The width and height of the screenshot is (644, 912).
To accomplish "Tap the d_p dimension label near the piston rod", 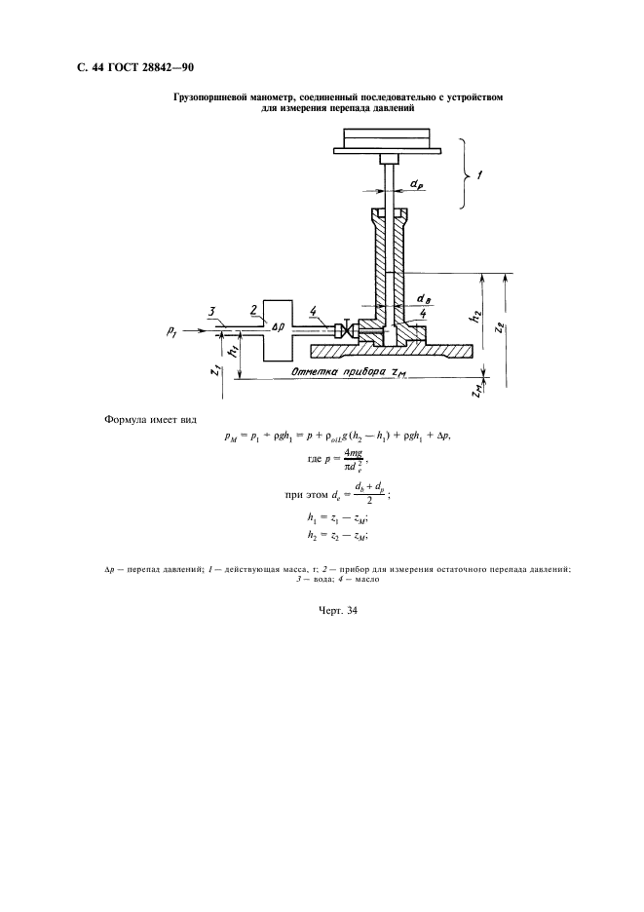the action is click(417, 184).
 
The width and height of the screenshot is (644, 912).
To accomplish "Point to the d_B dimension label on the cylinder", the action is click(424, 299).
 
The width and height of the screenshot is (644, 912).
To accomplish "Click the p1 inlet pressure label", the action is click(171, 331).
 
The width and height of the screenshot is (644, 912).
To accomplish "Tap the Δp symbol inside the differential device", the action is click(278, 327).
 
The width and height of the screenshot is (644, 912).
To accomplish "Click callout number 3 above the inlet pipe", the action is click(212, 312).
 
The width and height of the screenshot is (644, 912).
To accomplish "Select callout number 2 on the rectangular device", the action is click(253, 310).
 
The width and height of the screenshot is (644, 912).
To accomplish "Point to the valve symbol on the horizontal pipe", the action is click(346, 329).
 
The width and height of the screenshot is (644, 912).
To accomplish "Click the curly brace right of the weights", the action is click(464, 173).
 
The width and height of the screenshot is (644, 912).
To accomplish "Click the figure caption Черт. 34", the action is click(337, 610).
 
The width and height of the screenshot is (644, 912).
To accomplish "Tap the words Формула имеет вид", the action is click(150, 420).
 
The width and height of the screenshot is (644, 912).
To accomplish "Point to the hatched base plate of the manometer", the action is click(393, 351).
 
